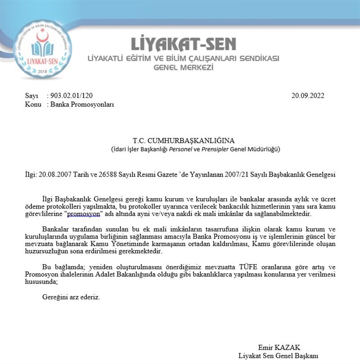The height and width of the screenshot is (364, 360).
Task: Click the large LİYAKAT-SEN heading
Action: point(183,44)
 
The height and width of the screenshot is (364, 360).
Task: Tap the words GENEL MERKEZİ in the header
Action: point(183,68)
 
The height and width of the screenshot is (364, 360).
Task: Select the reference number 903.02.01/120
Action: point(72,96)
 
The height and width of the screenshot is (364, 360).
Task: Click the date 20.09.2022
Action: point(307,96)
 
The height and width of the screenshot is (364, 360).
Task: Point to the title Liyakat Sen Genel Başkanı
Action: point(278,355)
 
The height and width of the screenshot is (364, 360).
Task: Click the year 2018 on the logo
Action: point(43,71)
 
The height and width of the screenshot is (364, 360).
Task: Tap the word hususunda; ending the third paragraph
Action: point(44,281)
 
